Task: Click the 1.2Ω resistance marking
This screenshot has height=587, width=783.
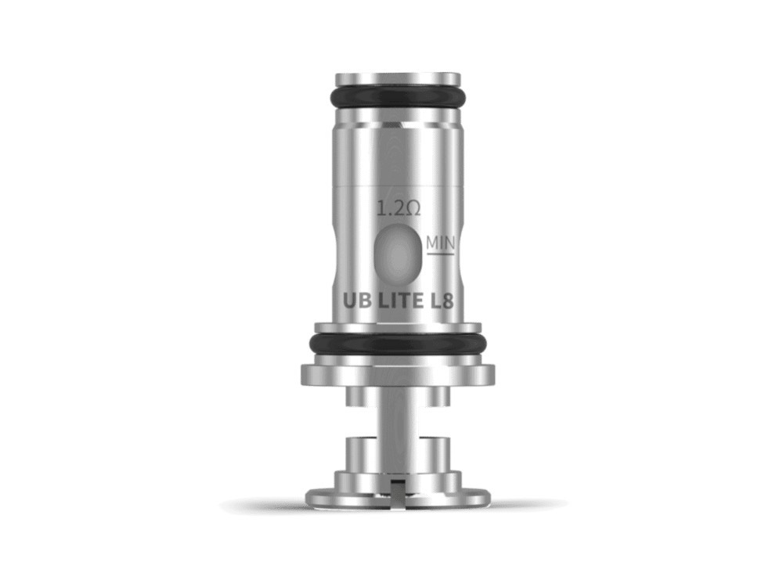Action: pyautogui.click(x=399, y=209)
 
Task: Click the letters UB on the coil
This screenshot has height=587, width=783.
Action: pyautogui.click(x=356, y=301)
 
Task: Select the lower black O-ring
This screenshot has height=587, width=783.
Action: pyautogui.click(x=398, y=343)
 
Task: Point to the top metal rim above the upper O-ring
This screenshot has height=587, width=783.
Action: pyautogui.click(x=398, y=79)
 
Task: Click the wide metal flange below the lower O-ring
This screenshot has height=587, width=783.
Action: pyautogui.click(x=398, y=374)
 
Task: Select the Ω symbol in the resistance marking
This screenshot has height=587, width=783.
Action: pyautogui.click(x=413, y=209)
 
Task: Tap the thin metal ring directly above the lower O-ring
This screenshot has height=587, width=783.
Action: pyautogui.click(x=398, y=326)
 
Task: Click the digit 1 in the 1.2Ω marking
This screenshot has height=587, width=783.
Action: pyautogui.click(x=381, y=209)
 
